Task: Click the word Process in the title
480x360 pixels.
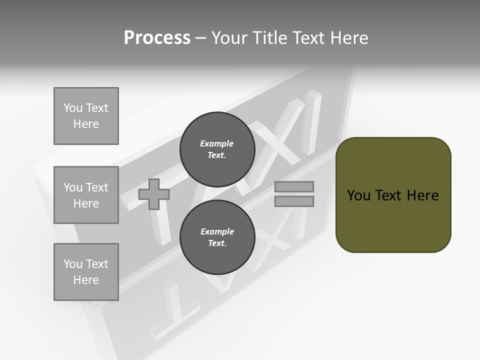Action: point(157,38)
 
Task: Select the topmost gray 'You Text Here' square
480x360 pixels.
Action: point(86,116)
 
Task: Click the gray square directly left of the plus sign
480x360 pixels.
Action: point(86,195)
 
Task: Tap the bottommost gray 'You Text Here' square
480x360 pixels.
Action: point(86,272)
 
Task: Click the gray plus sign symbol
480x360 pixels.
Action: point(154,194)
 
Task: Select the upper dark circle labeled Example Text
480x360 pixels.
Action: point(217,149)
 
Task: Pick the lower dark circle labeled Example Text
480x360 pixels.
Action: point(217,237)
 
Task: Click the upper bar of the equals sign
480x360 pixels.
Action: point(294,186)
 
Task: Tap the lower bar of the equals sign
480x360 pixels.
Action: point(294,201)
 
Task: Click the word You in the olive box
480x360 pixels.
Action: point(358,195)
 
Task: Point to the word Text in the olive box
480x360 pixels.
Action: point(389,195)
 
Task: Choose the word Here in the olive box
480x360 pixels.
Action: point(422,195)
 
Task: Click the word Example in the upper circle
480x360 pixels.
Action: point(217,143)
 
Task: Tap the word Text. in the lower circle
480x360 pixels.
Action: point(217,243)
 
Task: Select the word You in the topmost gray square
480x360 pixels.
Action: point(73,108)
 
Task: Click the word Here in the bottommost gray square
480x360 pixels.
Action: point(86,280)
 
